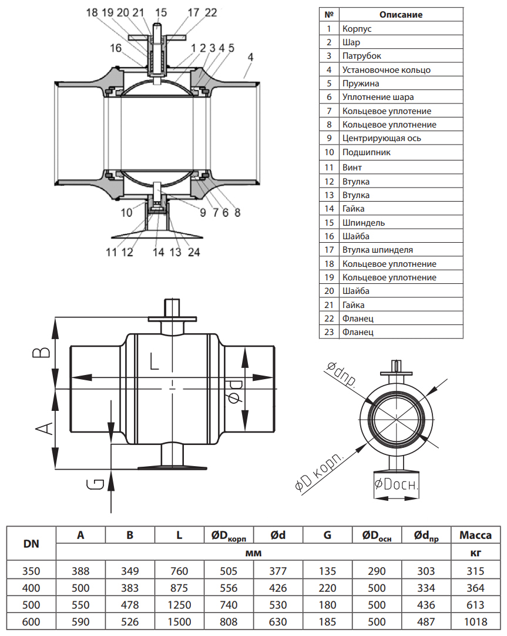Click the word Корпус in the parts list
point(357,28)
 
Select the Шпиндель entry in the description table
point(364,223)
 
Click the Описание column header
point(401,15)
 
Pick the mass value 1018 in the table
point(475,622)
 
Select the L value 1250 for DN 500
point(179,605)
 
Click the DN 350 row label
point(31,571)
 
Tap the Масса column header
point(475,535)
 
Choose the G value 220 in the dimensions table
point(327,588)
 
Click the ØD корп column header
point(229,535)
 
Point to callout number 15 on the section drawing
point(161,12)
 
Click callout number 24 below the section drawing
point(194,252)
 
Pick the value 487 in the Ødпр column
point(425,622)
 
